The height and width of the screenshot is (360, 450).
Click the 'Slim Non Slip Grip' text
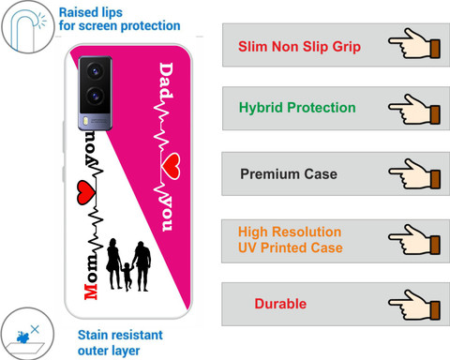(x=299, y=47)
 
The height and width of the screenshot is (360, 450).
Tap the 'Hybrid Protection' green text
(x=297, y=108)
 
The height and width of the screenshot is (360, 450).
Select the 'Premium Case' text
(x=289, y=173)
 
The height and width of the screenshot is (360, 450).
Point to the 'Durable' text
(x=280, y=304)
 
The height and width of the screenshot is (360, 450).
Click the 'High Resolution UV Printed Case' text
(x=291, y=240)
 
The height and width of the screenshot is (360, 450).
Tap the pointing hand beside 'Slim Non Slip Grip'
(x=414, y=43)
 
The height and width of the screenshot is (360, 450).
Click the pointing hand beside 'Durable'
(x=414, y=305)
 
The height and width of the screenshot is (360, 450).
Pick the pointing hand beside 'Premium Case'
(x=414, y=174)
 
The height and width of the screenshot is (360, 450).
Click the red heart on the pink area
(x=172, y=166)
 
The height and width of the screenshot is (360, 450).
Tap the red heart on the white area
(x=86, y=192)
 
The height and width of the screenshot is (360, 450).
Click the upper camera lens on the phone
(x=95, y=71)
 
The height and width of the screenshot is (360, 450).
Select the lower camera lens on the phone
(x=95, y=96)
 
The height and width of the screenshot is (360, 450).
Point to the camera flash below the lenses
(x=84, y=121)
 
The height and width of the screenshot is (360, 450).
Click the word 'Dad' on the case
(x=166, y=81)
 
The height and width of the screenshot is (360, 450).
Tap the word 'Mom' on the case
(x=91, y=277)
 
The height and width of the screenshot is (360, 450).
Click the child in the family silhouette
(x=127, y=277)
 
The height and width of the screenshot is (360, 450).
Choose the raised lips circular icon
(x=28, y=27)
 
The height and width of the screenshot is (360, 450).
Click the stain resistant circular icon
(x=27, y=334)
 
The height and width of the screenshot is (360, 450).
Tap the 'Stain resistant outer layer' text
(x=120, y=343)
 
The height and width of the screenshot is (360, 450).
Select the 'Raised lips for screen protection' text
(x=120, y=19)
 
